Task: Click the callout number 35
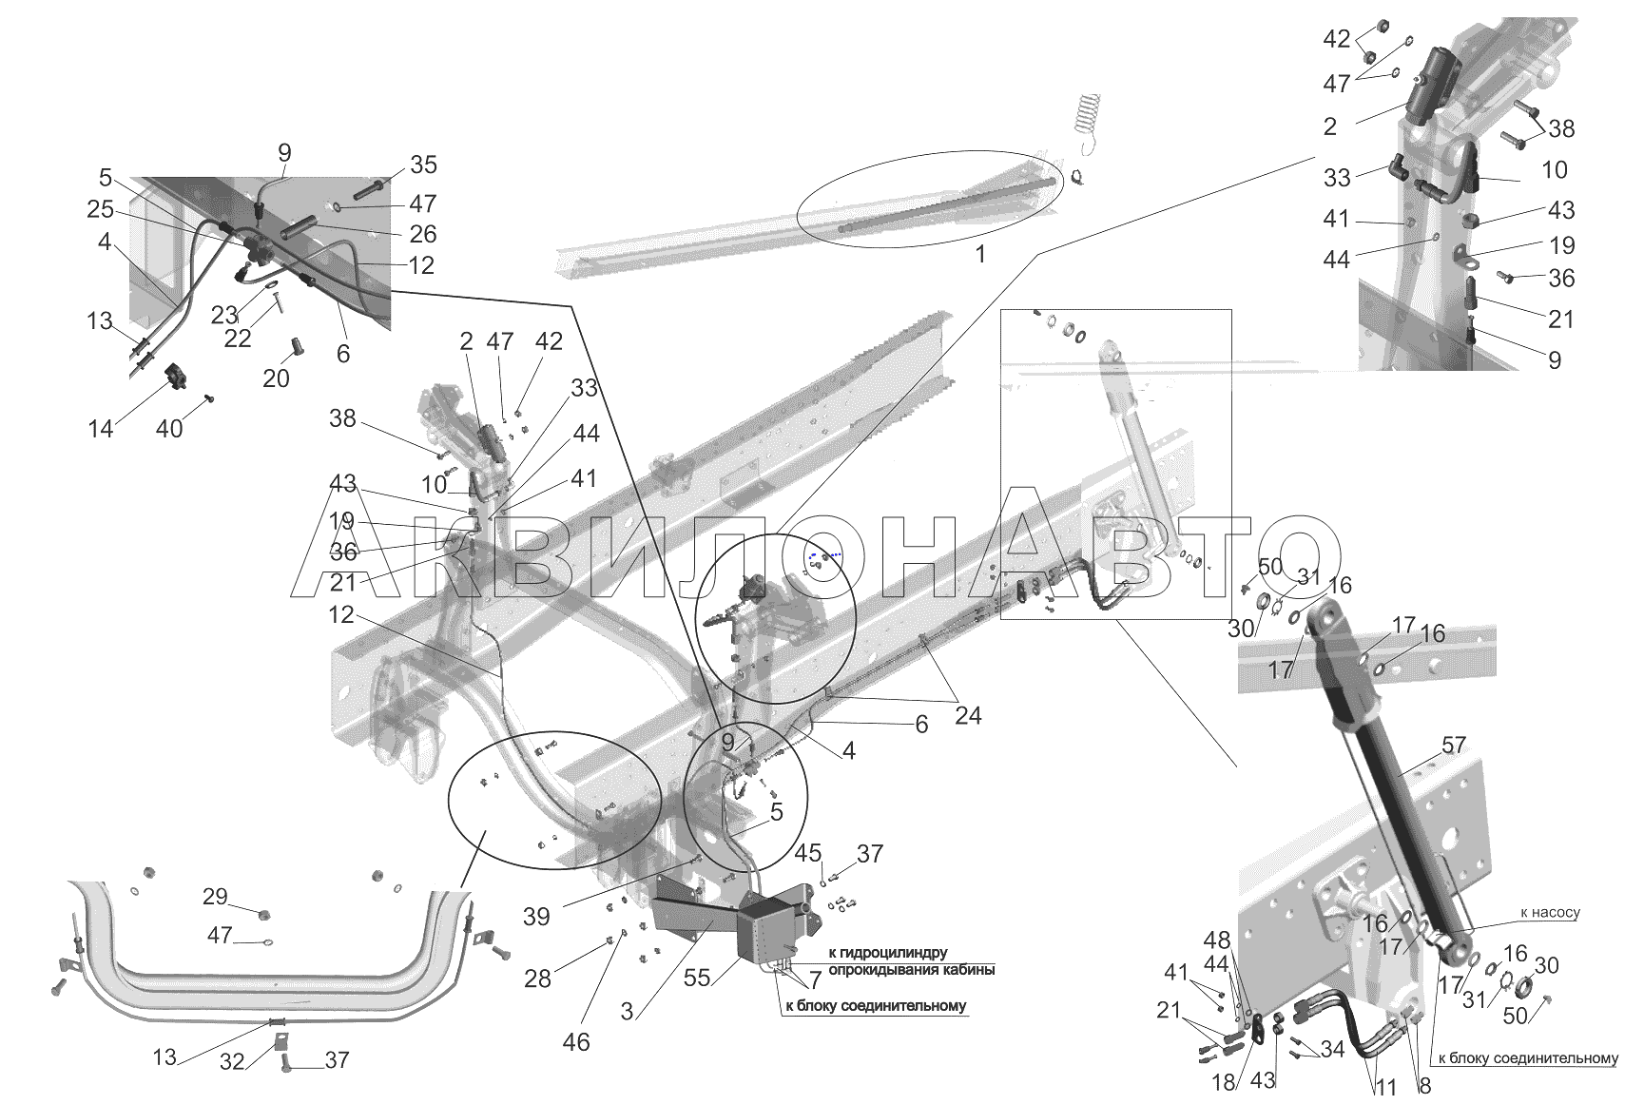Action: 423,165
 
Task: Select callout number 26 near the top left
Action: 423,233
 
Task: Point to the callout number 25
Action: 100,208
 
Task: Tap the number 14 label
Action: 100,429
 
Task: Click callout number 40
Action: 169,429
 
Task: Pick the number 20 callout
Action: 276,378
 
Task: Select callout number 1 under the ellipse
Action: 980,254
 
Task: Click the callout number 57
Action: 1454,746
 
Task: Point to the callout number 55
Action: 698,978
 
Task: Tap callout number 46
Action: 576,1041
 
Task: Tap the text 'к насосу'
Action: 1549,912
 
